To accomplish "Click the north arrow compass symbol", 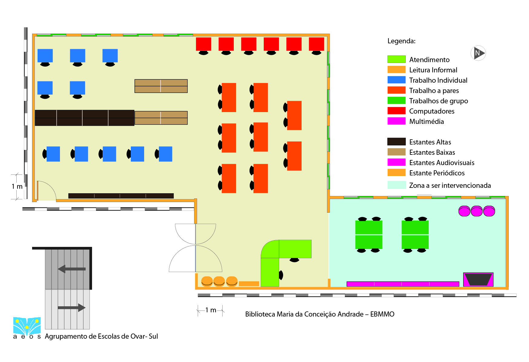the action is point(478,53).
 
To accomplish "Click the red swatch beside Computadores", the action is point(396,111).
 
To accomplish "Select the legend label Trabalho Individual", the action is point(438,80).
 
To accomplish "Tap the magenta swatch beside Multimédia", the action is point(396,121).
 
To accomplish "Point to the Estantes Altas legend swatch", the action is point(396,141).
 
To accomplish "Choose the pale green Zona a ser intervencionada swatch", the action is point(397,185).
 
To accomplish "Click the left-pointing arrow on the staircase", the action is point(72,269).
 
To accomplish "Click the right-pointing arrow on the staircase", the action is point(72,307).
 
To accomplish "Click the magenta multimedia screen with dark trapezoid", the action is point(478,279).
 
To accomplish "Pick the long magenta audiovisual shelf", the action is point(403,284).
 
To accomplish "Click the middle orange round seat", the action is point(219,281).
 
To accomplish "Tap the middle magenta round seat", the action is point(477,211).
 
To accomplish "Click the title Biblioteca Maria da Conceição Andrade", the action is point(304,314).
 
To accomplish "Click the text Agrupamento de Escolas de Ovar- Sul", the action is point(101,336).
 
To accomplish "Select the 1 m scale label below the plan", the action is point(211,310).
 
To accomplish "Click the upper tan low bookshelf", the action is point(161,86).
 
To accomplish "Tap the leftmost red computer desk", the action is point(203,44).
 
